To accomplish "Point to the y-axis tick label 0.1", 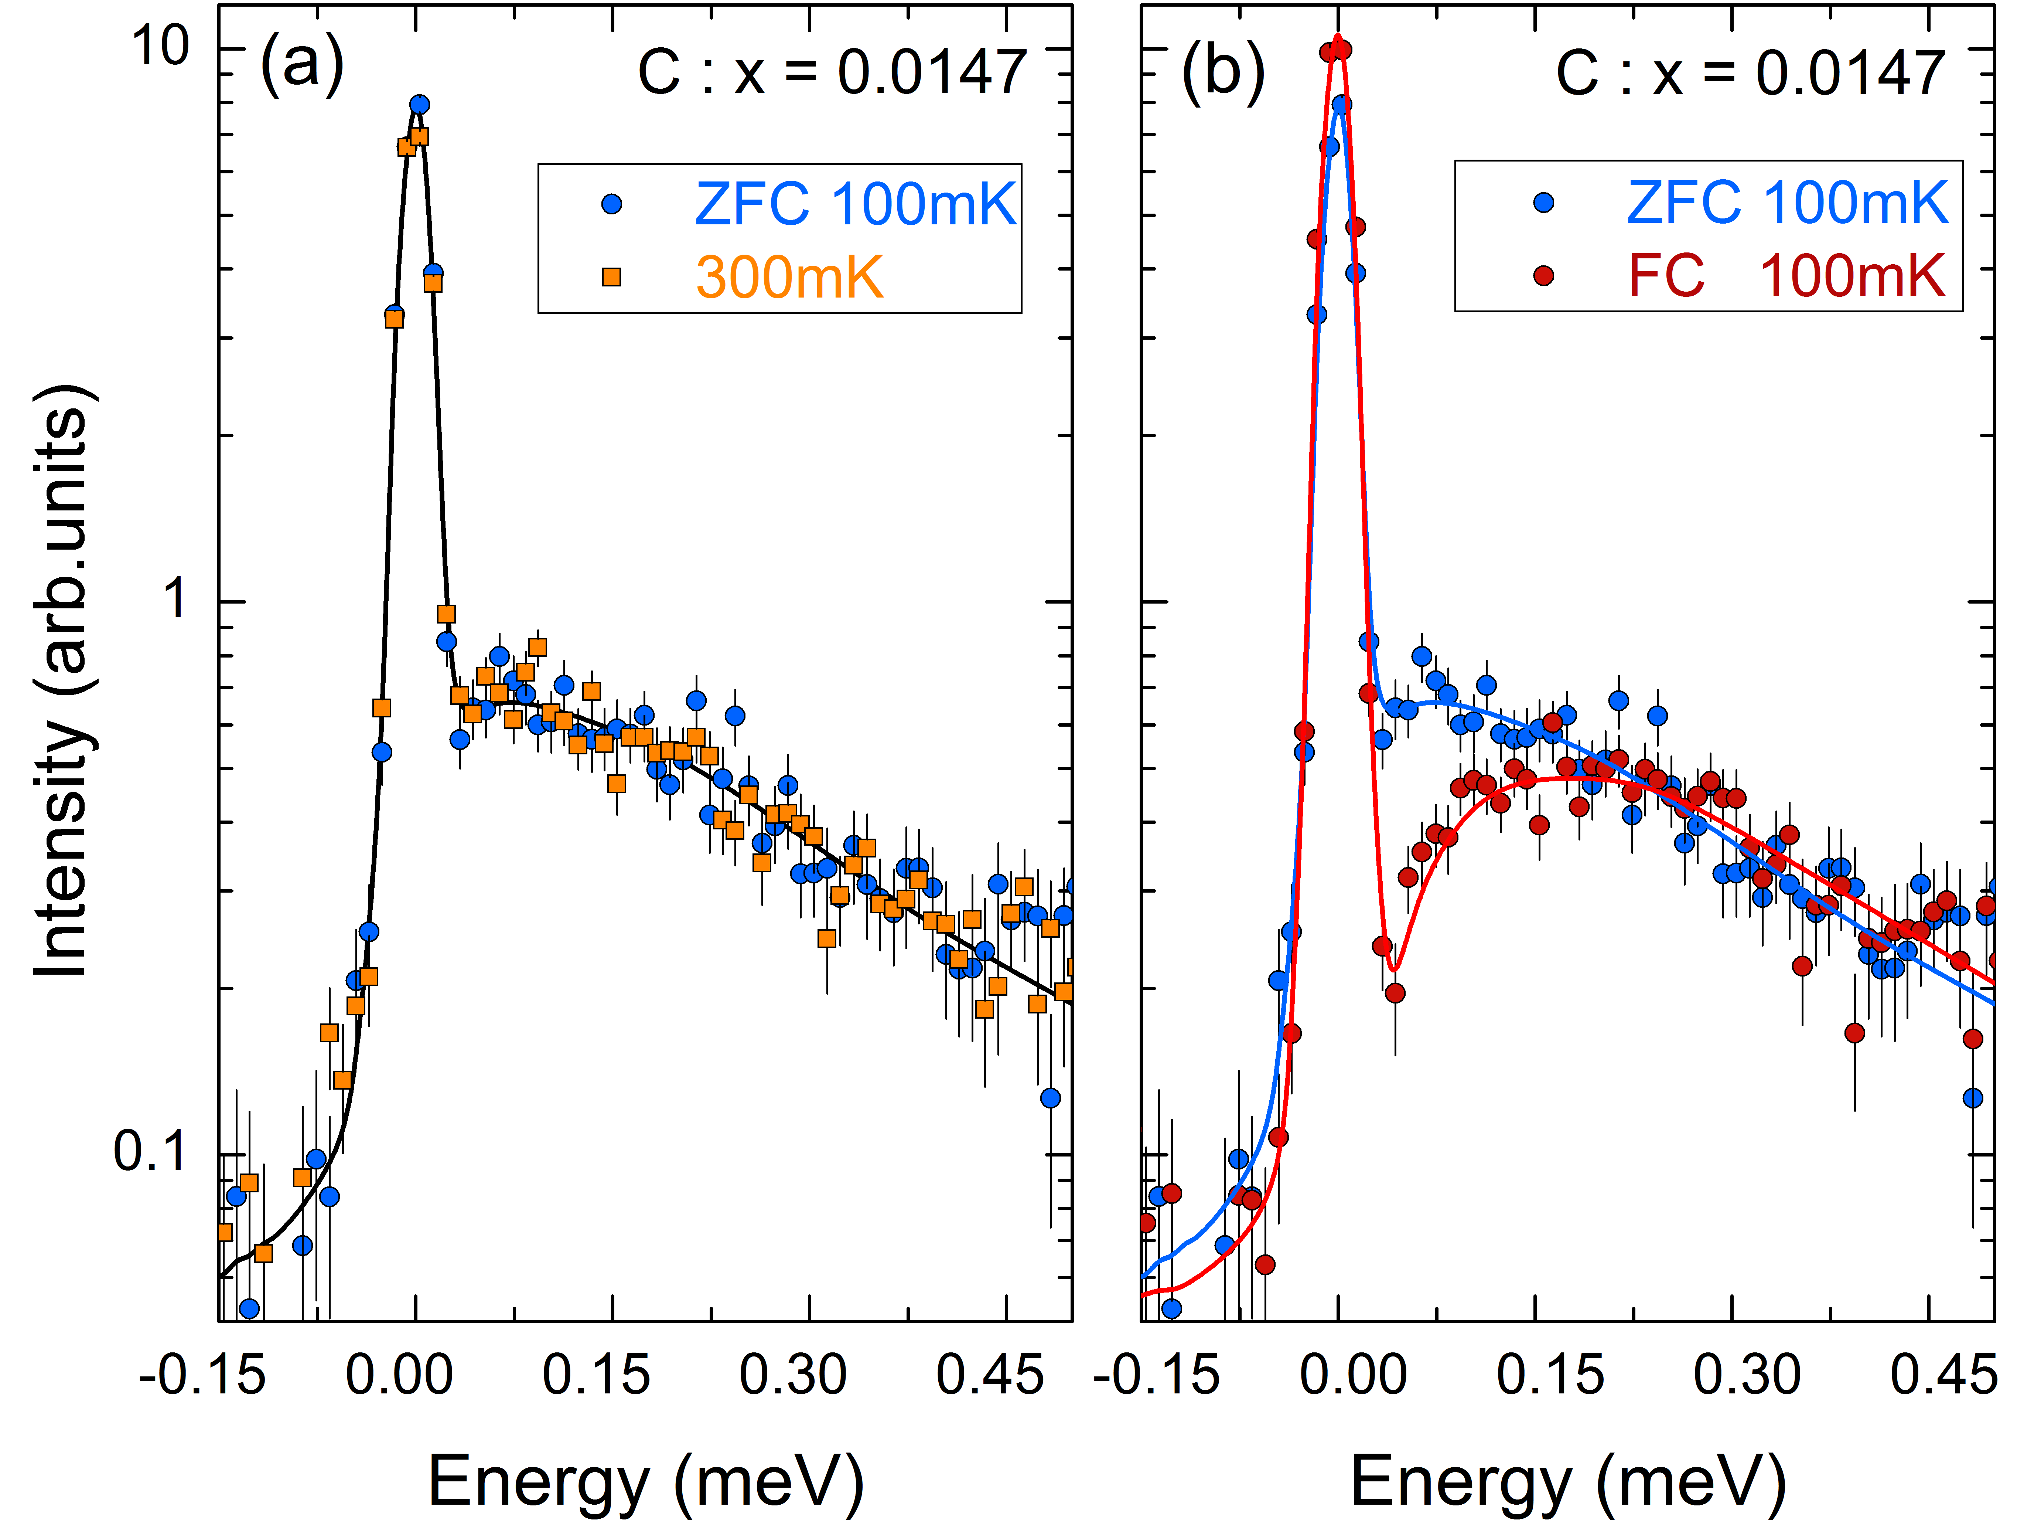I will pyautogui.click(x=150, y=1151).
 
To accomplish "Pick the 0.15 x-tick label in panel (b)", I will pyautogui.click(x=1550, y=1375).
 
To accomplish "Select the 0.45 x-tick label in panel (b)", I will pyautogui.click(x=1942, y=1375).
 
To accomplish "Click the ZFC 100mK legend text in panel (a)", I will pyautogui.click(x=855, y=203).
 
